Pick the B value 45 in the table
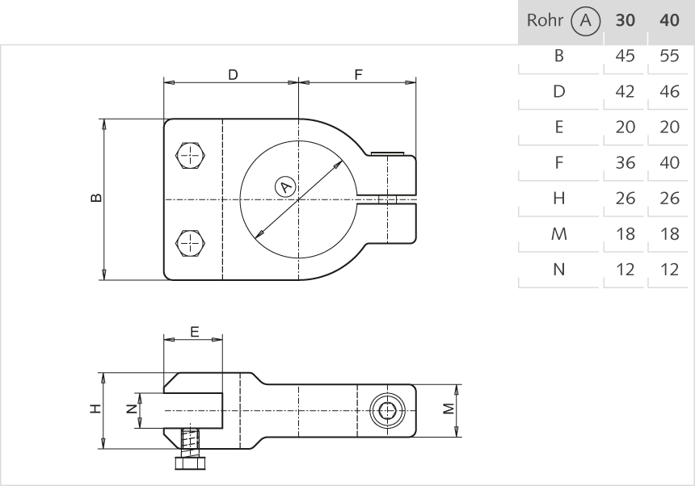625,57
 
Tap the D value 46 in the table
669,92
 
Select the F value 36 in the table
625,163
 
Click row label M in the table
558,234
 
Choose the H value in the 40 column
669,199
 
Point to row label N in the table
558,270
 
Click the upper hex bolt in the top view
191,156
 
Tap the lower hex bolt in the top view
191,242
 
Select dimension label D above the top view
233,75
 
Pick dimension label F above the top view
358,75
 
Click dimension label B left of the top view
96,199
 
